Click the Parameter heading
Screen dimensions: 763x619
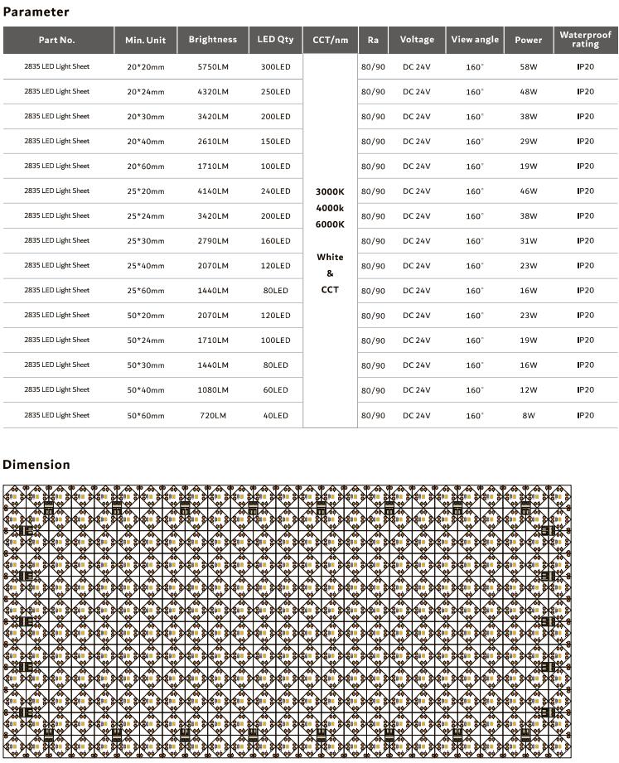36,12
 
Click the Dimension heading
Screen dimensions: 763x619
36,464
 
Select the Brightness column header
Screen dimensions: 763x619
212,40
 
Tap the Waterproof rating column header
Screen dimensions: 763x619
585,40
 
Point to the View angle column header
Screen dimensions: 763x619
475,40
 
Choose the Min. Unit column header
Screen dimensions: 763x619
145,40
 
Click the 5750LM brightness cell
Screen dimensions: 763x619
213,67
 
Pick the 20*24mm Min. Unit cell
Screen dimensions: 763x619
146,92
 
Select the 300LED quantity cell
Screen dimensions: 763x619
275,67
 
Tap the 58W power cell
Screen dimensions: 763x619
528,67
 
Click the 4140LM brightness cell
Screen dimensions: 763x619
213,191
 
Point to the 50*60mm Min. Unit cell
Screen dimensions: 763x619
146,415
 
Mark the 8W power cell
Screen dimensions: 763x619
528,415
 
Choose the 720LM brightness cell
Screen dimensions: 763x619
213,415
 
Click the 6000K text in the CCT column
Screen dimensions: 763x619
330,225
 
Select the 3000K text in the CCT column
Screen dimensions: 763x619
330,191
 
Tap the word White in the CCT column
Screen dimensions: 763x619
330,257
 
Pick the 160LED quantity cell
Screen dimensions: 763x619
275,241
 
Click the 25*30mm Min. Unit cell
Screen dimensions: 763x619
146,241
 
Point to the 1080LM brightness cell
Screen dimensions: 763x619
213,390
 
